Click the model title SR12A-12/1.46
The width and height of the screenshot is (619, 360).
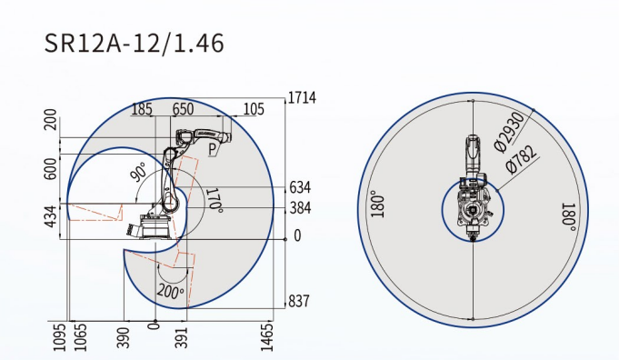(134, 43)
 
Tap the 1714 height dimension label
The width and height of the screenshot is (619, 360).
(302, 97)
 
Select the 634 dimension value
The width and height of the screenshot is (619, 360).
(300, 187)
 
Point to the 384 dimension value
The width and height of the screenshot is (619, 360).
(301, 207)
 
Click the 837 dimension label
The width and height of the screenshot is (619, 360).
(299, 301)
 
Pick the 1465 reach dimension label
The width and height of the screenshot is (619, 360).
(267, 336)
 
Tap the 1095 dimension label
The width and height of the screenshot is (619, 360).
(59, 337)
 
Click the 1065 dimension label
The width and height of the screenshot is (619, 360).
(80, 337)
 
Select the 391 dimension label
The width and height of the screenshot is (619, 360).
(181, 337)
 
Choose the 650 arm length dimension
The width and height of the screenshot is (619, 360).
(183, 109)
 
